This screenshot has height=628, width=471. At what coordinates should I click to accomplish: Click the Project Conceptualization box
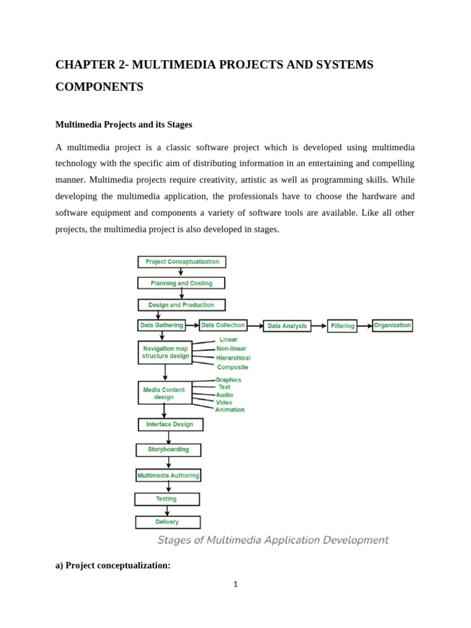point(182,262)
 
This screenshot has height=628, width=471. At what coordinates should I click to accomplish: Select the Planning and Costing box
point(181,283)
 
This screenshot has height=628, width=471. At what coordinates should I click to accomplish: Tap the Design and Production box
point(181,305)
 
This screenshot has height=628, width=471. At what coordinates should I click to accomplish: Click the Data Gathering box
point(161,326)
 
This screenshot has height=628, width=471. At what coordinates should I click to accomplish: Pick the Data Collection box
point(223,326)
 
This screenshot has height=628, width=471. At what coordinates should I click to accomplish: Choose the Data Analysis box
point(287,326)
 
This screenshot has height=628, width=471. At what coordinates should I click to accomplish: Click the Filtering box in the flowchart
point(342,326)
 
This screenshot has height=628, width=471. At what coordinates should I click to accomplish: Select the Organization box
point(392,326)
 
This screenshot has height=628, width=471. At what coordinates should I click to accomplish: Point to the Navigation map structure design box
point(165,353)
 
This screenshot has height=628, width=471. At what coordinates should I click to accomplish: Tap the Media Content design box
point(164,393)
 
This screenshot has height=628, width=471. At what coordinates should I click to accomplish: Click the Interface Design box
point(170,424)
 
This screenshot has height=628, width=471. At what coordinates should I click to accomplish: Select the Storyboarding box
point(168,450)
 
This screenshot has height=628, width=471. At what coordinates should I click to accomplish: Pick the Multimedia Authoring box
point(168,475)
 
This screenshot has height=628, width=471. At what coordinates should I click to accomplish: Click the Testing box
point(167,499)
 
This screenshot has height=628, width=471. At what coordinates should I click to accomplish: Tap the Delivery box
point(167,522)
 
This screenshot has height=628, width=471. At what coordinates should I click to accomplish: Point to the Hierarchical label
point(233,358)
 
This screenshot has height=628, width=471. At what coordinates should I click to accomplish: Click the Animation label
point(230,410)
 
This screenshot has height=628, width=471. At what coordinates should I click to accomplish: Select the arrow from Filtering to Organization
point(365,326)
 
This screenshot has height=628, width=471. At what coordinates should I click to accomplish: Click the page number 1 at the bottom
point(235,584)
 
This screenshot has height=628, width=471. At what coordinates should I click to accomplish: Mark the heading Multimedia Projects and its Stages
point(124,124)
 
